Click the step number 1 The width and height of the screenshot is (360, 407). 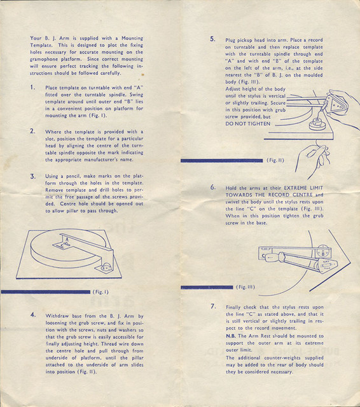32,87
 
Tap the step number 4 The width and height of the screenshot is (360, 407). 33,315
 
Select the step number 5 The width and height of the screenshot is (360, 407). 212,39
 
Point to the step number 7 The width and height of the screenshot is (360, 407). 213,307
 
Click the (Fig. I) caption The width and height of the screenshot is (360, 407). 100,292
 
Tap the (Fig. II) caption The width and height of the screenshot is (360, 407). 275,160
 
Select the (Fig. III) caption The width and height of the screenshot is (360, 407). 246,287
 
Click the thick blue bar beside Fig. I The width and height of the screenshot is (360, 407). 46,292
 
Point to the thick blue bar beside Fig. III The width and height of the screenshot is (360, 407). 207,287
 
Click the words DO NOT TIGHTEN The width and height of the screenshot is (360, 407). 248,124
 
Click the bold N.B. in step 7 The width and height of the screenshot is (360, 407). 231,336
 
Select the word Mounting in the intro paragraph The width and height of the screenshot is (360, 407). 132,38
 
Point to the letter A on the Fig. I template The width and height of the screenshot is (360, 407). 67,240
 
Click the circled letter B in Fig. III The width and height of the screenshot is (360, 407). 323,253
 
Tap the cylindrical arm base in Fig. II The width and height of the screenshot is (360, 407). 317,125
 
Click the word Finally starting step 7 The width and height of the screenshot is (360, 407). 233,307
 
